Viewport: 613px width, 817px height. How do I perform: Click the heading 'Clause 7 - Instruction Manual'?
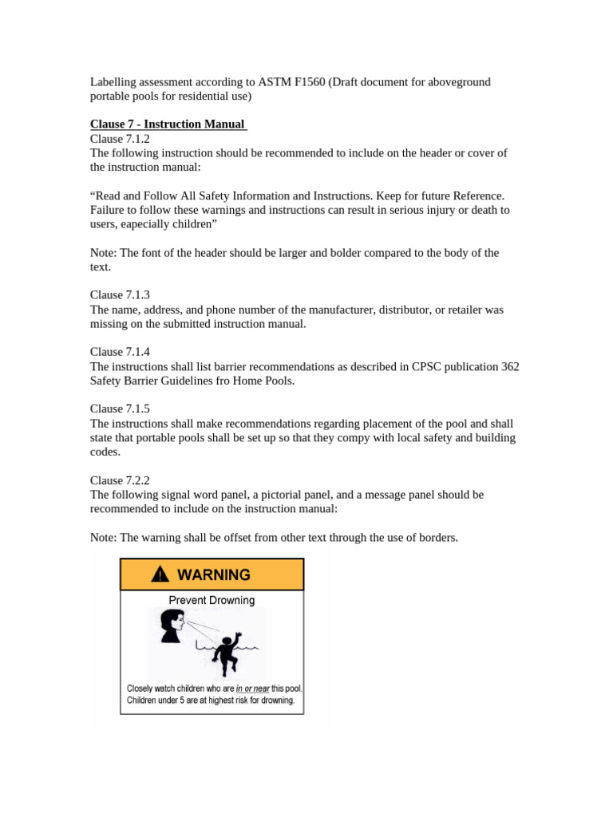pos(168,124)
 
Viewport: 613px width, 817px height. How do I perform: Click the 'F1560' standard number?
pos(308,82)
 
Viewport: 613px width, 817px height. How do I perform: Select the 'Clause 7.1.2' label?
pos(120,139)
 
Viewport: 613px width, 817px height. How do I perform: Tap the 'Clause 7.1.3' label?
pos(120,295)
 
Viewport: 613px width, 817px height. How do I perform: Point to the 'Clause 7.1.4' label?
pos(120,352)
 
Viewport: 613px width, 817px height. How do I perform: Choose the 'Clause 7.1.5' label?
pos(120,409)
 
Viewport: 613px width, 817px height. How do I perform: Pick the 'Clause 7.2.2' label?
pos(120,480)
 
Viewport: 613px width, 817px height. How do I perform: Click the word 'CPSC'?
pos(427,366)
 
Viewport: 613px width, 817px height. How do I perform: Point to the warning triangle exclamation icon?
pos(160,574)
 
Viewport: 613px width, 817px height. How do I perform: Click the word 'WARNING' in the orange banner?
pos(213,574)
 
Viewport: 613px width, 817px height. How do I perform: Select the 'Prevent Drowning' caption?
pos(212,600)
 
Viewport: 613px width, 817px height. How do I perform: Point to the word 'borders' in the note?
pos(436,538)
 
